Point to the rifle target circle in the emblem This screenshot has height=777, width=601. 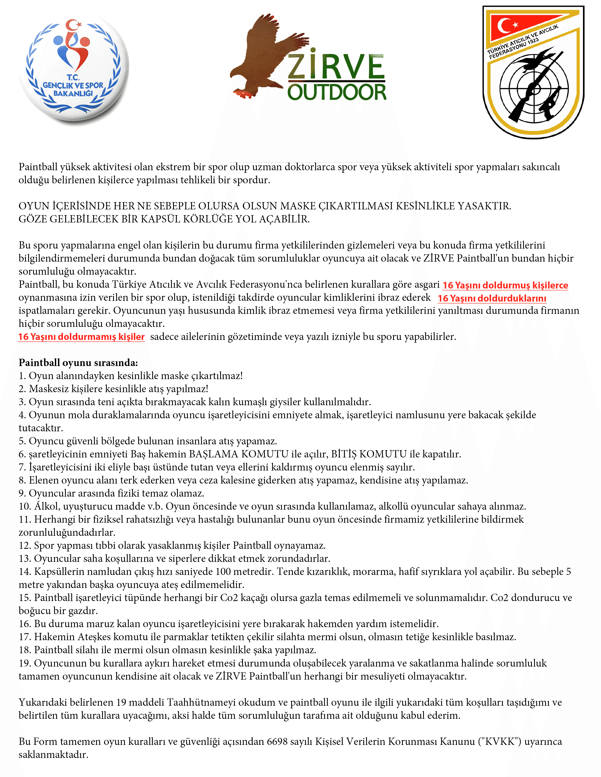point(534,87)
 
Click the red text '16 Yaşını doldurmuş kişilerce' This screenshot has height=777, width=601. point(505,285)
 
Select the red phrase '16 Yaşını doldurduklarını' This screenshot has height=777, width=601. point(492,298)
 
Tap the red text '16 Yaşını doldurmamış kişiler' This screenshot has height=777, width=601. point(81,337)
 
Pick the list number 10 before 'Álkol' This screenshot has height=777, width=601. point(25,507)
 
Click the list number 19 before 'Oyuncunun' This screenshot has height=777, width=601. point(25,663)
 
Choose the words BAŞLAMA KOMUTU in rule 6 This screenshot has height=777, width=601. point(238,454)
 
